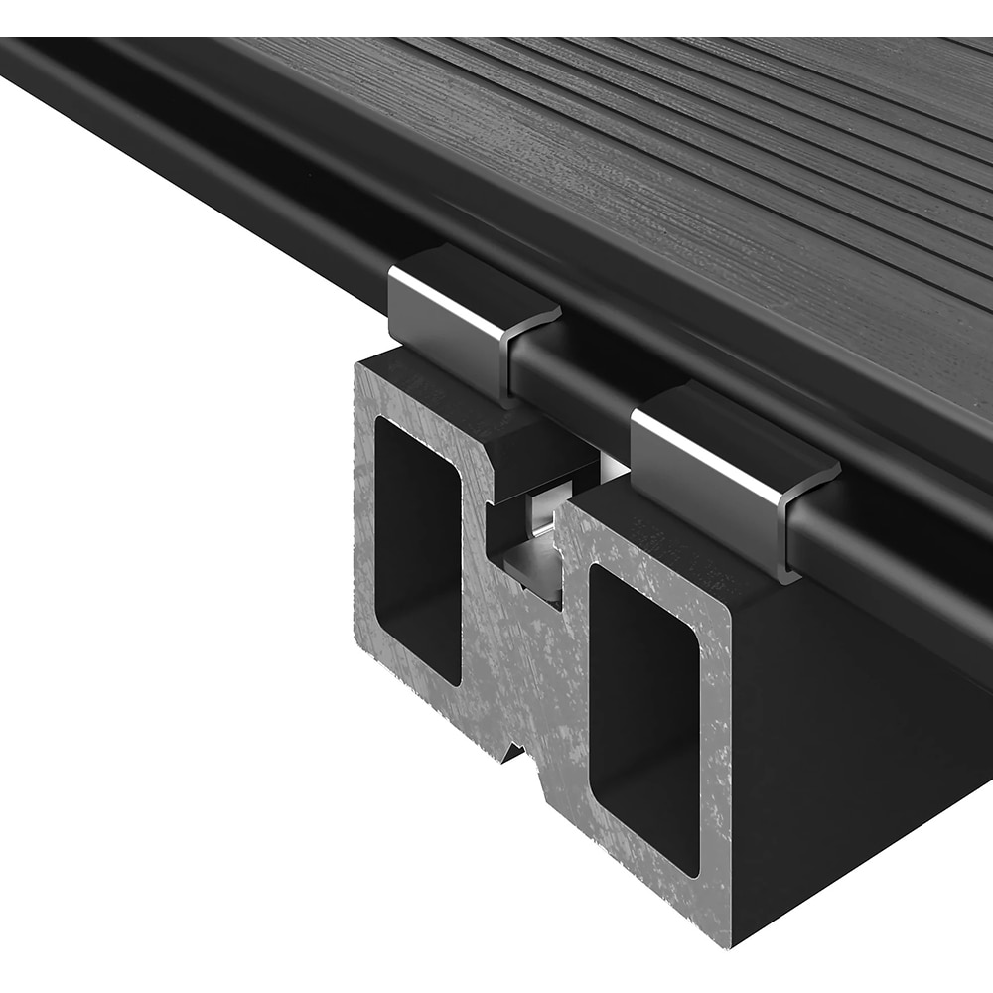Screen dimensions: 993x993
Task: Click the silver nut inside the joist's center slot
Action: tap(541, 516)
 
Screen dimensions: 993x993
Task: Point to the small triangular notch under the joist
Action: tap(513, 753)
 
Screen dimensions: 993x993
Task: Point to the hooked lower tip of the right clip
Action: tap(784, 571)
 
